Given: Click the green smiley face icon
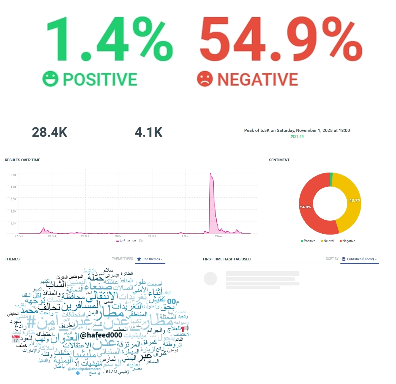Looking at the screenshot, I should [x=50, y=79].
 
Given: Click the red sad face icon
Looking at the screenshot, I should [x=205, y=79].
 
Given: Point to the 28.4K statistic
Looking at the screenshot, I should [x=50, y=132].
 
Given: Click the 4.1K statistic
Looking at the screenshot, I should [x=149, y=132].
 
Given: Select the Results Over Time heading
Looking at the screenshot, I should [x=23, y=160].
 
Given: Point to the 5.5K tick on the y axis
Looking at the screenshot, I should [x=13, y=175].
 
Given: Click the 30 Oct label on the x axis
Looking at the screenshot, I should [x=118, y=236].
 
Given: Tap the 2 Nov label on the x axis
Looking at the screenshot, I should [x=219, y=236].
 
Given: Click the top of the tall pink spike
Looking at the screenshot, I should [x=211, y=174].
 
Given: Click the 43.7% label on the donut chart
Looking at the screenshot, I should [x=354, y=200].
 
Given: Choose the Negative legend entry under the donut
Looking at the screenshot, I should [x=347, y=241].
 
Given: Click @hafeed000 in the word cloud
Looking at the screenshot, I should [x=101, y=335].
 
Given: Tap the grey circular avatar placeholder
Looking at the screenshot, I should [x=210, y=279].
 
